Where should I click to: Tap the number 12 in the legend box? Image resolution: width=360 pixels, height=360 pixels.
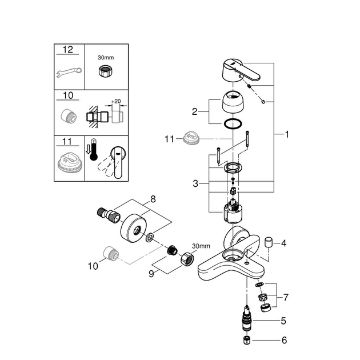pos(67,50)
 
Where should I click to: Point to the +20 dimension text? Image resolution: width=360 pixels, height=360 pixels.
pos(117,101)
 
